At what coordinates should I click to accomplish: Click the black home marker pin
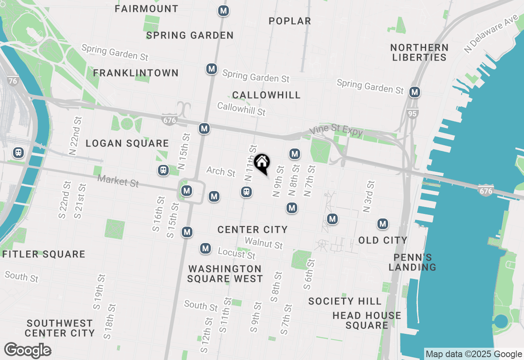pos(262,163)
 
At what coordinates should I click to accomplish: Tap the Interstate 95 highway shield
pos(413,113)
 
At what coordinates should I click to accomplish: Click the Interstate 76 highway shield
pos(13,81)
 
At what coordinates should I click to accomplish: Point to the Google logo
pos(28,350)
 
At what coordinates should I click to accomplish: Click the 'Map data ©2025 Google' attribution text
pos(474,354)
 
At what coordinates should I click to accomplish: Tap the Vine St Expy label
pos(336,131)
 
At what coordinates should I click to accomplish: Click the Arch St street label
pos(221,171)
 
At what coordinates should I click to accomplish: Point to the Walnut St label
pos(264,243)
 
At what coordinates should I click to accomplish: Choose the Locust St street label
pos(237,253)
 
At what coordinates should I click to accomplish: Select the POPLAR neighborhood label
pos(290,21)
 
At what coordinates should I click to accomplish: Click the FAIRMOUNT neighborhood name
pos(147,9)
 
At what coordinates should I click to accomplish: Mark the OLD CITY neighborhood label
pos(383,240)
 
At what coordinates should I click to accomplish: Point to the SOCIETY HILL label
pos(345,301)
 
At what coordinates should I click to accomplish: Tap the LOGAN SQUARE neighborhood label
pos(127,143)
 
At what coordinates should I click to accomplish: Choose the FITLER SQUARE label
pos(44,254)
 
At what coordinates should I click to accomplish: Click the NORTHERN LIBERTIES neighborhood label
pos(419,52)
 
